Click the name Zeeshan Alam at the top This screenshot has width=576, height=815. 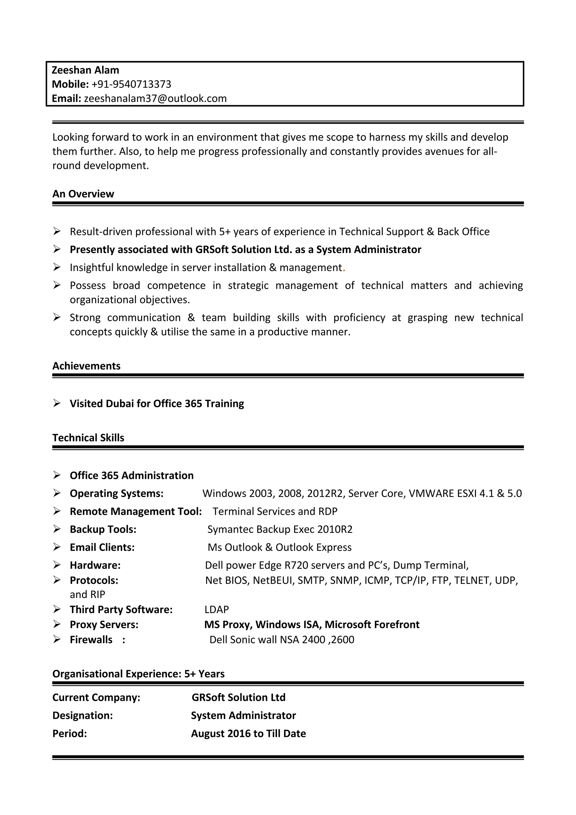click(85, 70)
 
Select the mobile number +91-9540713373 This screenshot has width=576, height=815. click(131, 84)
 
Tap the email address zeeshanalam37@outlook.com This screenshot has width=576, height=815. click(155, 98)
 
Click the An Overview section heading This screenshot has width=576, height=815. click(83, 194)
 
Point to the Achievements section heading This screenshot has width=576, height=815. click(86, 366)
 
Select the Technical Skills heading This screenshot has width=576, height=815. click(88, 438)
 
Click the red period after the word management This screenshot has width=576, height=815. click(344, 268)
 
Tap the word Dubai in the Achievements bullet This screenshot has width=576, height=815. click(120, 404)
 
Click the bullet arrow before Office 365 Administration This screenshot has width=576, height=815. click(57, 475)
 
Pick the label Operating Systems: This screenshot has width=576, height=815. click(116, 493)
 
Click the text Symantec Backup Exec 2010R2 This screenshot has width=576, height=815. click(280, 529)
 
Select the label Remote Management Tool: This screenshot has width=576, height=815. click(136, 512)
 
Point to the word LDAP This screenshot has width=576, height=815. click(217, 609)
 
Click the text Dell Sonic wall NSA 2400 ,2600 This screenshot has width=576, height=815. click(282, 640)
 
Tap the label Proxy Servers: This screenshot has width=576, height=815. click(104, 624)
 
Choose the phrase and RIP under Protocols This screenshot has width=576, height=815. click(87, 595)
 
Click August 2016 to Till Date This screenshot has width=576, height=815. click(248, 734)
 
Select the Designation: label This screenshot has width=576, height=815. click(82, 716)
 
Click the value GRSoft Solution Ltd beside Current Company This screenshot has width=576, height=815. click(238, 697)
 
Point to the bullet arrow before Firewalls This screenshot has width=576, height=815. click(57, 639)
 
